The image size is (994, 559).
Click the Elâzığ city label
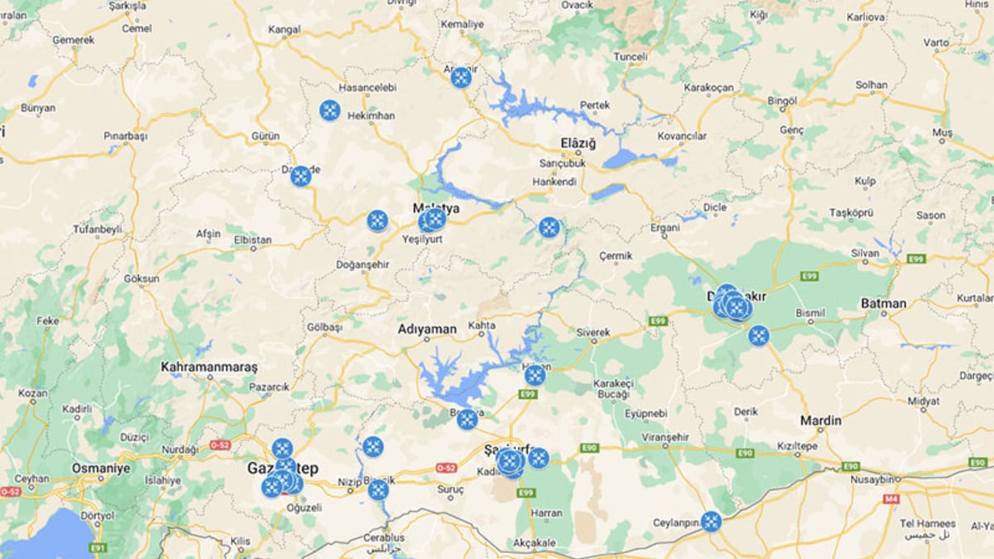click(x=578, y=143)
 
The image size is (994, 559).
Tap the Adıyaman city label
click(x=427, y=329)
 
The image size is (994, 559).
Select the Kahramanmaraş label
click(x=210, y=366)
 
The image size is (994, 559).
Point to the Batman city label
click(x=883, y=303)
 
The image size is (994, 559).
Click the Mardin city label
click(x=821, y=421)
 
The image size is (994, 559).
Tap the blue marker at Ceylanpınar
click(x=711, y=522)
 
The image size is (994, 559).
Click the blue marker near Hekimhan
click(x=330, y=110)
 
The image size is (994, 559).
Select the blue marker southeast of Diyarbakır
click(x=758, y=335)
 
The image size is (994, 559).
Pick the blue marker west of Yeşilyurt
click(x=378, y=220)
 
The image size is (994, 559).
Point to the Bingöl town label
click(x=782, y=100)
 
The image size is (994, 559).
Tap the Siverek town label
click(x=593, y=333)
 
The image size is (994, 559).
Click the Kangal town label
click(x=284, y=31)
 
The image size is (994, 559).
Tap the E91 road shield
click(x=98, y=547)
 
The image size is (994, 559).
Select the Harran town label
click(x=547, y=513)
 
